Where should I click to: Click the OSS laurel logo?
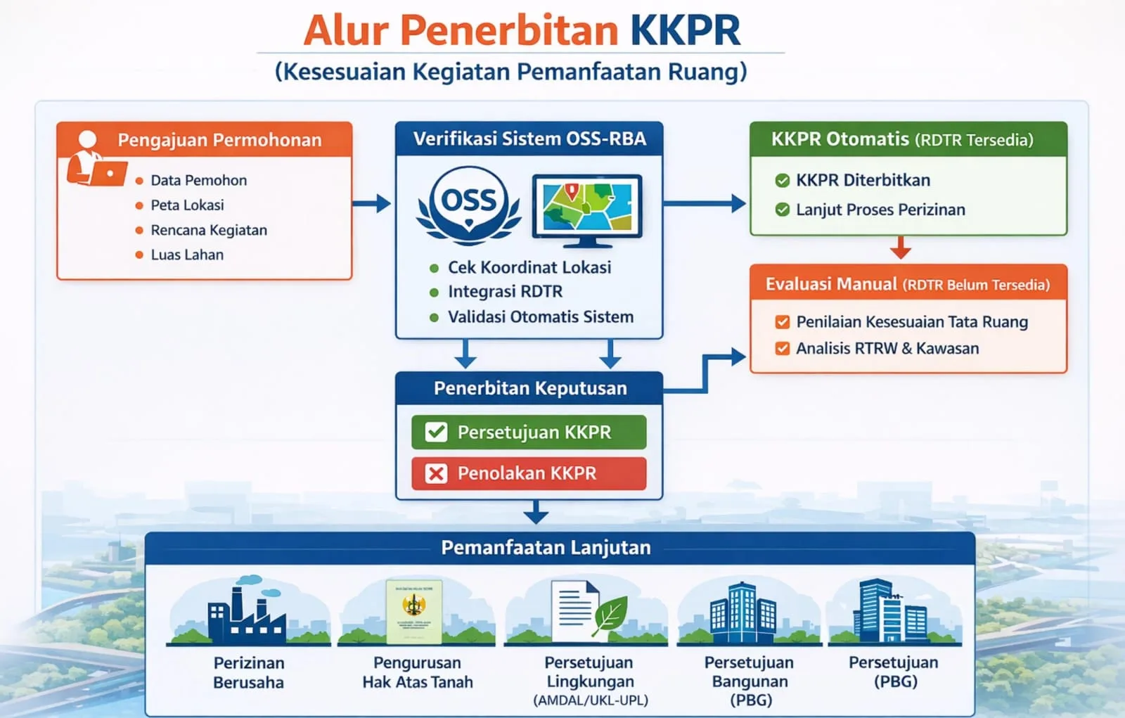point(469,205)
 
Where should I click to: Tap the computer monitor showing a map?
point(587,210)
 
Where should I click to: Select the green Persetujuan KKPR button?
point(529,432)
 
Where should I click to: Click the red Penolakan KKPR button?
point(529,473)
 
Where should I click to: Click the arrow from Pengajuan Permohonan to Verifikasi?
point(372,203)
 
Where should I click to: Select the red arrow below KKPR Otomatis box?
point(900,248)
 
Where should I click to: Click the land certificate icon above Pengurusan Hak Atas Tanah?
point(414,610)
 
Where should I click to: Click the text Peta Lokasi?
point(187,205)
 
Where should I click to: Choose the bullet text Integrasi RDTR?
point(505,292)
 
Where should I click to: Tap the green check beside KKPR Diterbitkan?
point(782,181)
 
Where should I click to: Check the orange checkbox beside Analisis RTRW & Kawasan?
point(782,349)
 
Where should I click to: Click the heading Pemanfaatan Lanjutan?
point(546,548)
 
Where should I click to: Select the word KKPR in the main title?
point(685,30)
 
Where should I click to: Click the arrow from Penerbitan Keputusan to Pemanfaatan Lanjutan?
point(536,512)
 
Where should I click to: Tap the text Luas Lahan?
point(187,255)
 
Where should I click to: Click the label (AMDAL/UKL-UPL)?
point(590,700)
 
